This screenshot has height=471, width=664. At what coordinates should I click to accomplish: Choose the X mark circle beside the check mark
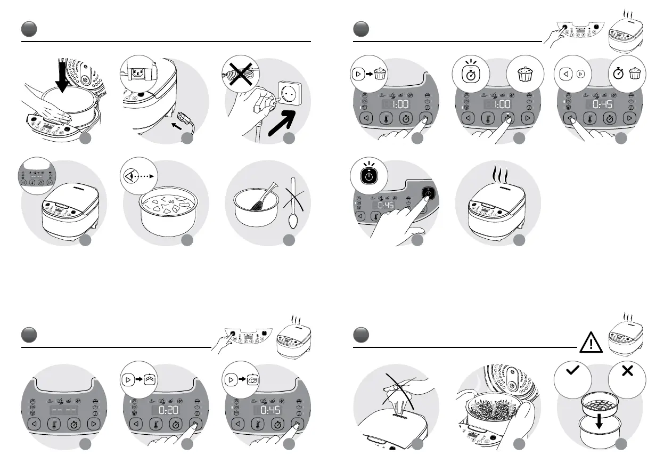(627, 371)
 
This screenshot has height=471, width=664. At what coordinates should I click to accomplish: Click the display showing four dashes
(62, 411)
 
